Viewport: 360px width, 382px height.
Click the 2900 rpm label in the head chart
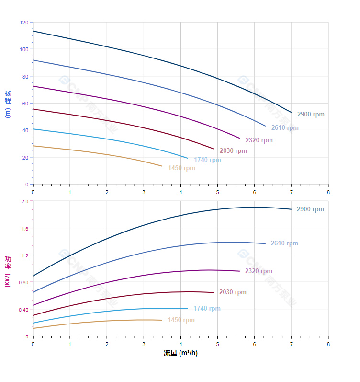point(310,115)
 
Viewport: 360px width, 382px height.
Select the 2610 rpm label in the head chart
point(285,128)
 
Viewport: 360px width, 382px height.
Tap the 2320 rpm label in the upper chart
point(259,140)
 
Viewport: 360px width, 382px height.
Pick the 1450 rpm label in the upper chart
point(181,168)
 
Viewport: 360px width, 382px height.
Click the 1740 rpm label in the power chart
point(207,309)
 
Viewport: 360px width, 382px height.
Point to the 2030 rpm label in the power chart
point(233,292)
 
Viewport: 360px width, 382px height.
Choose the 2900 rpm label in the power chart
point(310,209)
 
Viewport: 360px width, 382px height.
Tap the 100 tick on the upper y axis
point(24,49)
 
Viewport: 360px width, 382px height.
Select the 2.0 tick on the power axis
point(25,201)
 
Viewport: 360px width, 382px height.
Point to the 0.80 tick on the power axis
point(24,282)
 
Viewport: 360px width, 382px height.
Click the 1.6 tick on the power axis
point(25,229)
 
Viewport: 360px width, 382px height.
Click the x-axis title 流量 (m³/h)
point(180,353)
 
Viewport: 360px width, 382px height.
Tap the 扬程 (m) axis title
point(8,103)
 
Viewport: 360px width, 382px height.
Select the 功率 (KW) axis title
point(8,271)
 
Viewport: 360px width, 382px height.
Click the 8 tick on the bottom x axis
point(328,344)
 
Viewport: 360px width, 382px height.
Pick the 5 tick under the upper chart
point(217,192)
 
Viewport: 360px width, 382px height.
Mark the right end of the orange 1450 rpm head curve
point(162,166)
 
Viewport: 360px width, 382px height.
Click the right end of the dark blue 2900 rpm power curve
point(291,209)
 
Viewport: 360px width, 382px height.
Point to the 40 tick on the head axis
point(25,130)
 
